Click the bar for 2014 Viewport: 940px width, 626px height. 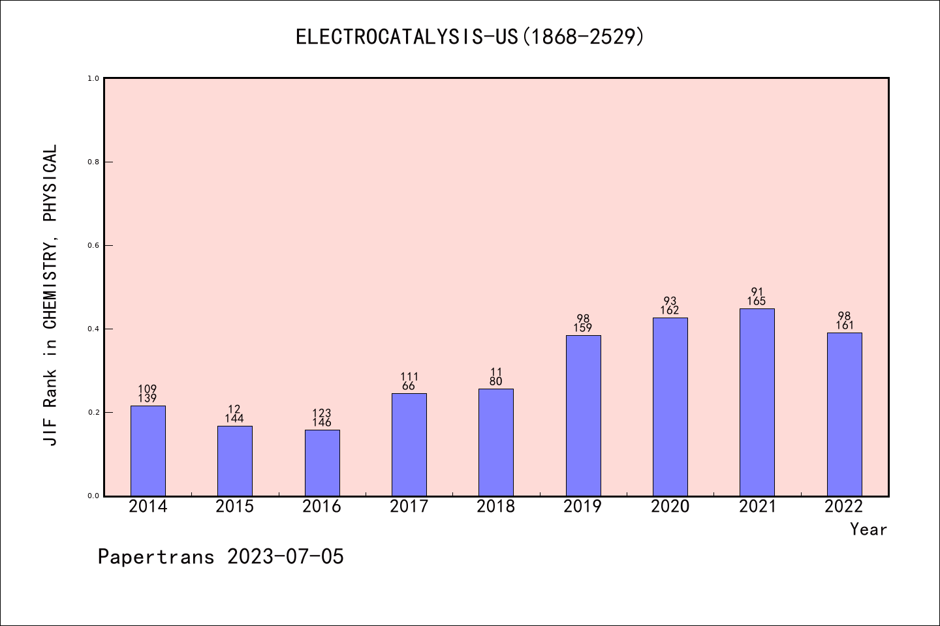coord(148,451)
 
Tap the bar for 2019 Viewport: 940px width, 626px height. coord(583,415)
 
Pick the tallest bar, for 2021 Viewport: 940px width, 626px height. coord(757,402)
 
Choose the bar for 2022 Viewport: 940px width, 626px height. coord(844,414)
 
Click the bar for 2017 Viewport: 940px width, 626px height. coord(409,444)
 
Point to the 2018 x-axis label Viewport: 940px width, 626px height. coord(495,507)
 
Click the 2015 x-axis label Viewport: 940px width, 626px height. coord(234,507)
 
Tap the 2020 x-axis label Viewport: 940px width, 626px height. coord(670,507)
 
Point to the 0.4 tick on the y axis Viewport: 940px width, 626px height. coord(94,329)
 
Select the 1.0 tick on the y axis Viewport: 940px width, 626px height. coord(94,78)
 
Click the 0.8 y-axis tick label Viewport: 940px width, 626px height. coord(94,162)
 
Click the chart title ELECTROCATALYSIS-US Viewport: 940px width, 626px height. coord(469,37)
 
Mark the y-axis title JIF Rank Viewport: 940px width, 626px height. coord(51,295)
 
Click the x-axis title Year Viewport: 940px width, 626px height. coord(868,529)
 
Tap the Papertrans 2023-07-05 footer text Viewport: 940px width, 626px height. coord(221,556)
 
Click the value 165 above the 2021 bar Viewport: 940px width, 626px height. coord(757,301)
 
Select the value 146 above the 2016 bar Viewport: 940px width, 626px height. coord(322,423)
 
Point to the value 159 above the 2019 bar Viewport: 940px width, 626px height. coord(583,328)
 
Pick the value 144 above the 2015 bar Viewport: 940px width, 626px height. coord(234,419)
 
